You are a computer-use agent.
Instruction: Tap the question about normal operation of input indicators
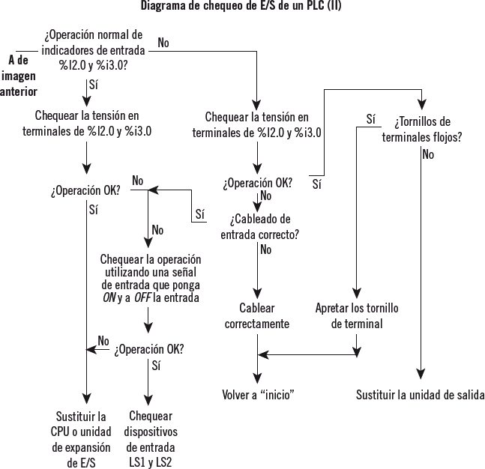[93, 49]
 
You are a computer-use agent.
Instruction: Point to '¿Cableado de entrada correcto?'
[260, 226]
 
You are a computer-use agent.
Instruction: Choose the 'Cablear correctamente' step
[258, 315]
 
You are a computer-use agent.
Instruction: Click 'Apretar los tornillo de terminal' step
[357, 315]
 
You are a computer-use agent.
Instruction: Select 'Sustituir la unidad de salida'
[420, 395]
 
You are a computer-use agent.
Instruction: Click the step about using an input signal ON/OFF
[151, 278]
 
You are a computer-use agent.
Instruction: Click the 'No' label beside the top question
[163, 43]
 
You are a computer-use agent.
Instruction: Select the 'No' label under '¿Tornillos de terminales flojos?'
[428, 155]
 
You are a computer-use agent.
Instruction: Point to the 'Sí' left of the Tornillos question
[370, 118]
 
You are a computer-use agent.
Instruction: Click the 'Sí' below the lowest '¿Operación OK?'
[156, 366]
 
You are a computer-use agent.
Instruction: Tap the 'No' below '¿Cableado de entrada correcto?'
[265, 250]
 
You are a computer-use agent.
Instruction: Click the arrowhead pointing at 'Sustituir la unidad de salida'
[424, 376]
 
